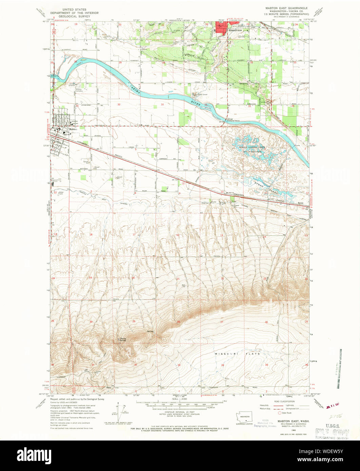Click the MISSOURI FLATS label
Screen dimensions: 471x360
pos(237,353)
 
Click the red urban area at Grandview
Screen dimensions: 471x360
pos(222,27)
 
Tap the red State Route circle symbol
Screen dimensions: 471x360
pos(279,413)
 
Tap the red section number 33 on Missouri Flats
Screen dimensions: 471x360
pos(179,365)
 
